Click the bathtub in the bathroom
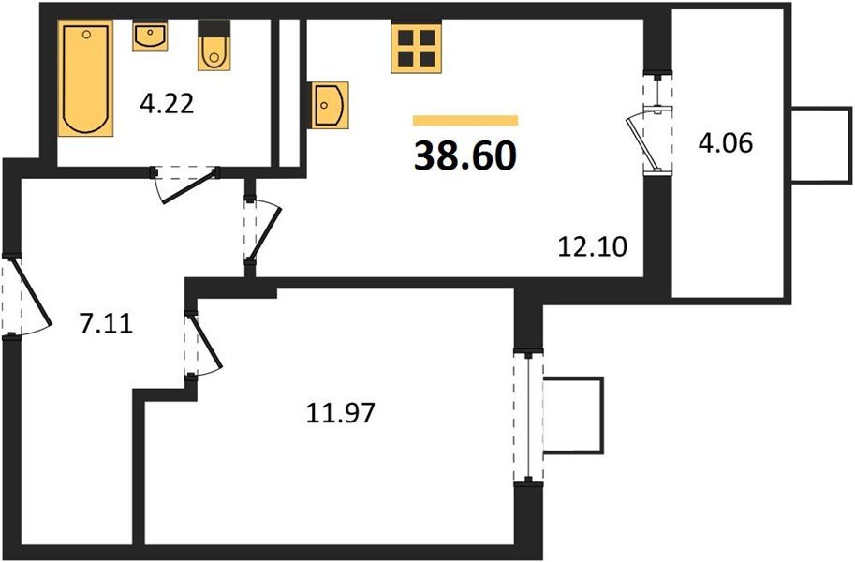click(x=85, y=78)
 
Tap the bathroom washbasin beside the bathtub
click(x=150, y=36)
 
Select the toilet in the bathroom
click(x=214, y=45)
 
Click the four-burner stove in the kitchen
click(x=416, y=47)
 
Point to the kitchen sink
click(x=328, y=105)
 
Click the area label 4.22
click(x=167, y=104)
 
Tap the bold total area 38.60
click(x=465, y=155)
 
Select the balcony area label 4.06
click(x=725, y=143)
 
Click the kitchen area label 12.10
click(x=593, y=246)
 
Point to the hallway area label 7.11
click(x=106, y=325)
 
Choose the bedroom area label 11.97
click(x=340, y=413)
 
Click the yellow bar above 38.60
click(x=465, y=121)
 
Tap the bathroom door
click(x=185, y=185)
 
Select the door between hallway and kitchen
click(x=261, y=231)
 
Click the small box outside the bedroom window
click(x=574, y=415)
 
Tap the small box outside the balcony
click(x=821, y=144)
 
